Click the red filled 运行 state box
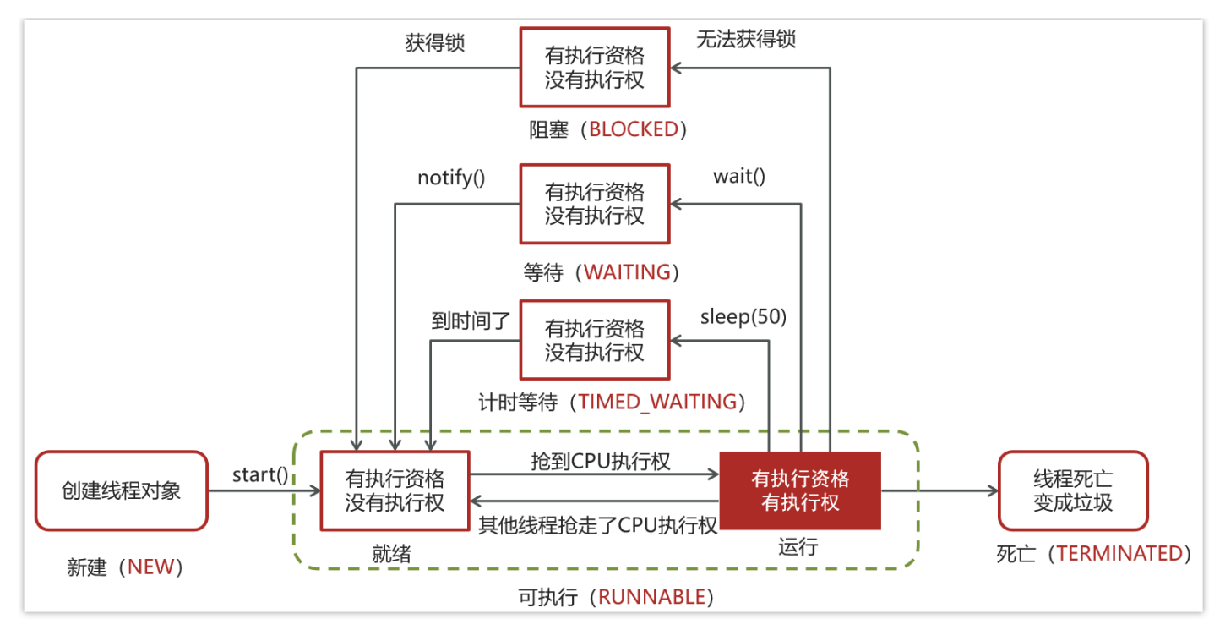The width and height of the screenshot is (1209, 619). tap(799, 490)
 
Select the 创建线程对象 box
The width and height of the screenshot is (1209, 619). tap(121, 490)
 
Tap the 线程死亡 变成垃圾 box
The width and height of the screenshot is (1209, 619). tap(1073, 490)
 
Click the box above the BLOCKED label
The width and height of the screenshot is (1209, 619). tap(594, 68)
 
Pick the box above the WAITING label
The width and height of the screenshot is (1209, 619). tap(594, 204)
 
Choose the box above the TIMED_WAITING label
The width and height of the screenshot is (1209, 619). tap(594, 340)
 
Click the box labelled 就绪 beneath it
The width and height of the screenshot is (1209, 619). tap(395, 490)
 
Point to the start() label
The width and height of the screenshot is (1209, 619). tap(260, 474)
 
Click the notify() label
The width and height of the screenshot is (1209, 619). tap(451, 178)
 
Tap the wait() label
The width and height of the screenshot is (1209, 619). tap(739, 177)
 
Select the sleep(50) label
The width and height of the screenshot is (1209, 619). tap(743, 317)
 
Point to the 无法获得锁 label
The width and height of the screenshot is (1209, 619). tap(746, 39)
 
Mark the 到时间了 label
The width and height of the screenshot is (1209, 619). tap(470, 321)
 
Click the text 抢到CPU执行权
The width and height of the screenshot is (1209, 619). tap(601, 461)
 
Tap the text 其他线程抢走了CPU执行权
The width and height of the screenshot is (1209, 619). tap(598, 524)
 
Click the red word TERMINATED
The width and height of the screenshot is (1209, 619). tap(1119, 554)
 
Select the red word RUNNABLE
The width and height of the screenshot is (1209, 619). tap(651, 597)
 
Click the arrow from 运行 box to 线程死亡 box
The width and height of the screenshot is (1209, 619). tap(938, 490)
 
